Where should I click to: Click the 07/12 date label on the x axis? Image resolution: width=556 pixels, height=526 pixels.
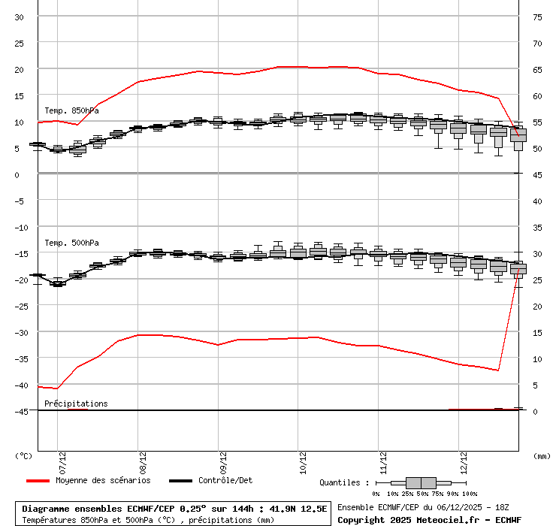pyautogui.click(x=58, y=455)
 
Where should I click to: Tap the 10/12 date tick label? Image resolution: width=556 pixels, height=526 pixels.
pyautogui.click(x=298, y=455)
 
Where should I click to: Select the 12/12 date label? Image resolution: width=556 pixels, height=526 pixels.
pyautogui.click(x=459, y=455)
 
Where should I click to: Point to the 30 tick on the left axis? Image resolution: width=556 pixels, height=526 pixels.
pyautogui.click(x=20, y=17)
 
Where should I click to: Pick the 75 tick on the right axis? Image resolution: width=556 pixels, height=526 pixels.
pyautogui.click(x=538, y=17)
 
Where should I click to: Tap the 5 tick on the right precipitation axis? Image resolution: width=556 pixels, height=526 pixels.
pyautogui.click(x=536, y=385)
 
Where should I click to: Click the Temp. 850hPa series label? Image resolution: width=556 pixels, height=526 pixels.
pyautogui.click(x=71, y=110)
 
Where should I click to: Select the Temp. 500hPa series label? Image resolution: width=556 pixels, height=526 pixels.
pyautogui.click(x=71, y=243)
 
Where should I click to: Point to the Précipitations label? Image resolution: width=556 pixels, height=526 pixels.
pyautogui.click(x=76, y=404)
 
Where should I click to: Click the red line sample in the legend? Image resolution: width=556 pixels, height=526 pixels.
pyautogui.click(x=38, y=481)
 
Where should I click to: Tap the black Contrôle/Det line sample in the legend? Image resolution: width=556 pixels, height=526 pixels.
pyautogui.click(x=180, y=481)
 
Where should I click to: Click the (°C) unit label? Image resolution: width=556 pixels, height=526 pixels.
pyautogui.click(x=24, y=455)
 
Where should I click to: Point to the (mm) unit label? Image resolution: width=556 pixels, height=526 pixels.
pyautogui.click(x=541, y=455)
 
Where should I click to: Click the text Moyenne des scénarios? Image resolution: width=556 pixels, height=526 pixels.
pyautogui.click(x=103, y=481)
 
